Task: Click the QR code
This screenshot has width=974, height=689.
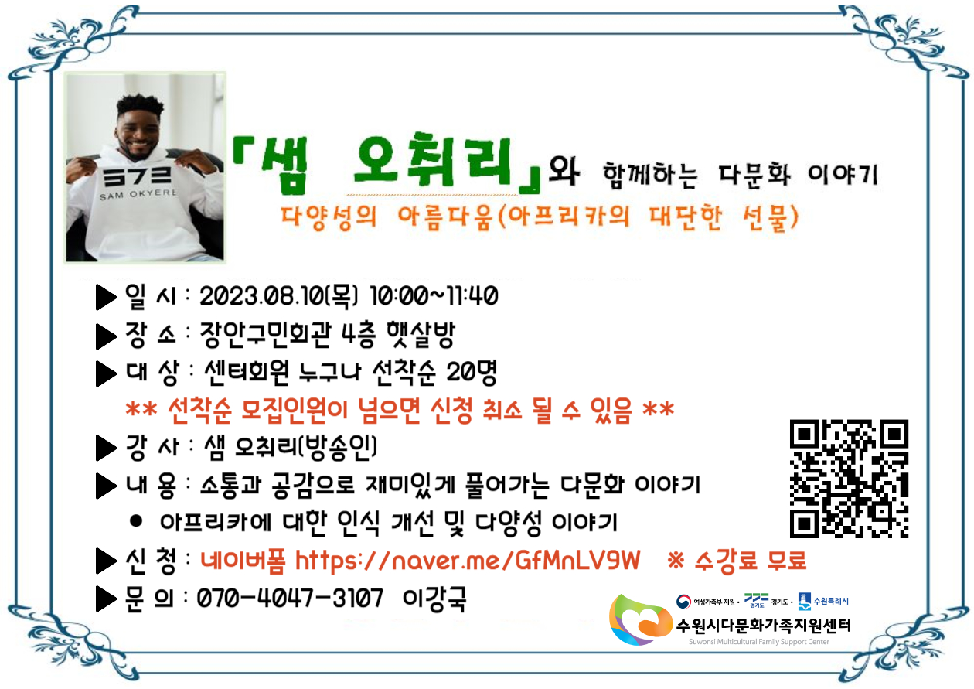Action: tap(849, 479)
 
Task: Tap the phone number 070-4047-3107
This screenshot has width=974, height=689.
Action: tap(290, 598)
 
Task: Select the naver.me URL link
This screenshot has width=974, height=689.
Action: tap(468, 560)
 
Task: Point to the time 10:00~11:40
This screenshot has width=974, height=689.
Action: tap(434, 295)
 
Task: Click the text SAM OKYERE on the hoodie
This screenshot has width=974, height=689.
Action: tap(138, 194)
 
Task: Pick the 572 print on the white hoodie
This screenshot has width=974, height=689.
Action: tap(137, 176)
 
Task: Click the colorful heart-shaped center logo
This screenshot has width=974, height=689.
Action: tap(640, 620)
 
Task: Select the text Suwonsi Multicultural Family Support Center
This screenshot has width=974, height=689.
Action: tap(759, 642)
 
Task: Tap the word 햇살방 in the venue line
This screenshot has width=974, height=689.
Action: tap(421, 335)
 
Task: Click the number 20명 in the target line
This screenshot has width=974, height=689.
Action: tap(472, 373)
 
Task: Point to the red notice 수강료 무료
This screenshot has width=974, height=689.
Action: tap(750, 560)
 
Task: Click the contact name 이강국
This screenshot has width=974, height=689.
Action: tap(434, 599)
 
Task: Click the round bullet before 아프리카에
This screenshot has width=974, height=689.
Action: tap(136, 521)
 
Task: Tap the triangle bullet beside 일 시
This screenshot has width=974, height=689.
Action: tap(106, 297)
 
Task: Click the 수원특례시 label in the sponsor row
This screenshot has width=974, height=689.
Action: tap(831, 601)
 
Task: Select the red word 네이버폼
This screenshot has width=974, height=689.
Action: tap(243, 560)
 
